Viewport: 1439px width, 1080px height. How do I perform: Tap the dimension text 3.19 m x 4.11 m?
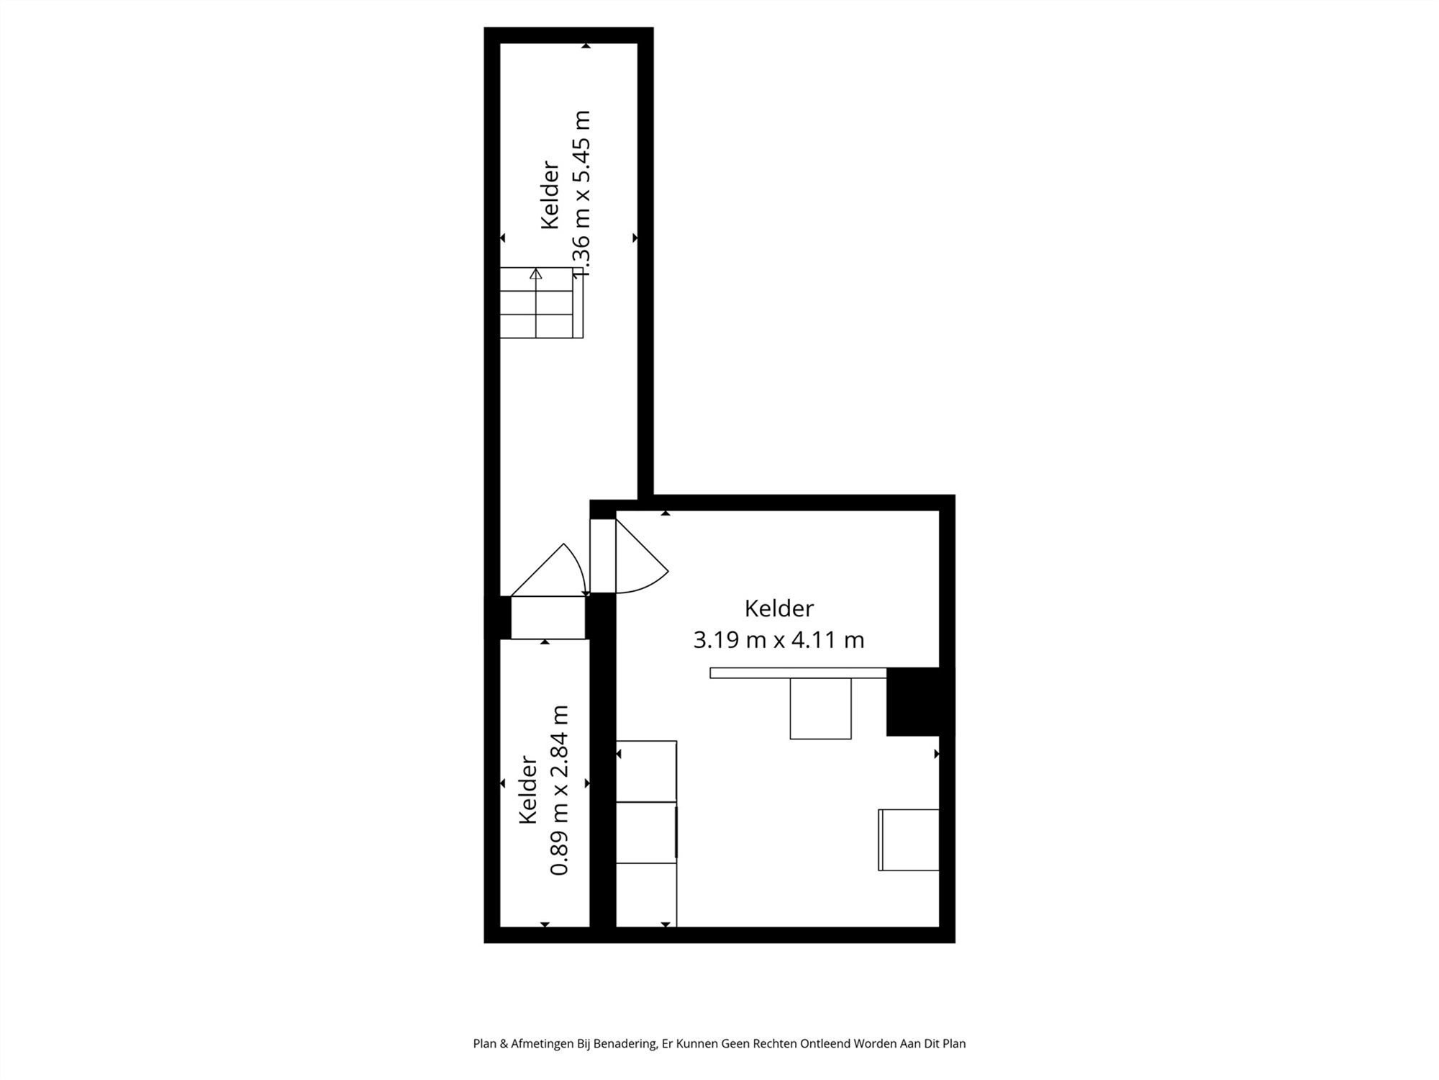tap(778, 639)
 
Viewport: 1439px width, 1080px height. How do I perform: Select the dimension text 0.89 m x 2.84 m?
tap(560, 790)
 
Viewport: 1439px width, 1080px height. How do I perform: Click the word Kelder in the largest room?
tap(778, 608)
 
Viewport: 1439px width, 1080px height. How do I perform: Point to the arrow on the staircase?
tap(535, 274)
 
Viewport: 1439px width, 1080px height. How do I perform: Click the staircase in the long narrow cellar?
tap(541, 302)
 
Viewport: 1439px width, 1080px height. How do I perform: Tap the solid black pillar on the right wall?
tap(913, 701)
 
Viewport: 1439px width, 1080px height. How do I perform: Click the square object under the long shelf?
tap(820, 708)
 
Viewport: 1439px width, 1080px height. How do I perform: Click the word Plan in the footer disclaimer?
tap(484, 1043)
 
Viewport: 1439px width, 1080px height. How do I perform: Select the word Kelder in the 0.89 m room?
tap(529, 790)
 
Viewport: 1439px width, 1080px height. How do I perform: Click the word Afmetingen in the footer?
tap(542, 1043)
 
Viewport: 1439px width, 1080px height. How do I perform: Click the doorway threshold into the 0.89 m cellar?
tap(548, 618)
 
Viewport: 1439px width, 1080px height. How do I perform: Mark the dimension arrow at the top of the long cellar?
tap(586, 46)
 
